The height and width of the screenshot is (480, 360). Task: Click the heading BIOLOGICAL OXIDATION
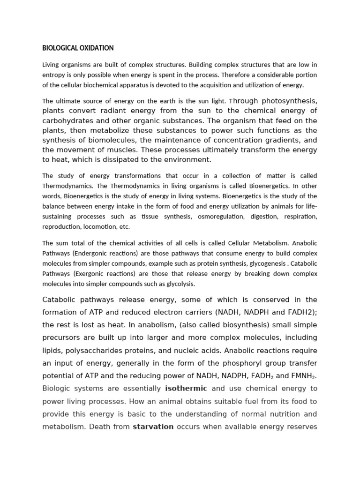78,48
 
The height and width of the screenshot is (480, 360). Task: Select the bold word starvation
153,427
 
